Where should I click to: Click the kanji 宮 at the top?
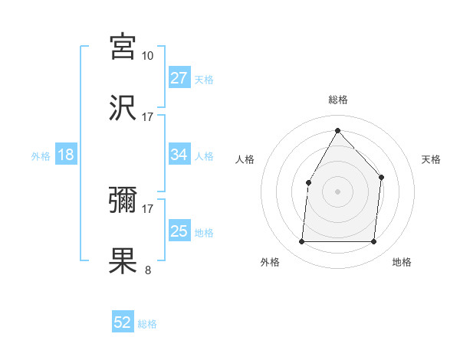point(123,47)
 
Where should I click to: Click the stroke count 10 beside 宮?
point(148,55)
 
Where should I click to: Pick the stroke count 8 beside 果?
point(148,269)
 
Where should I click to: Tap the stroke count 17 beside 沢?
point(148,116)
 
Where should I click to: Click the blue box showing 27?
point(179,78)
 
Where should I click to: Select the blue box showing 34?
point(179,155)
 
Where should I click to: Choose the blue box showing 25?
point(179,231)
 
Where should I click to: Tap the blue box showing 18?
point(66,155)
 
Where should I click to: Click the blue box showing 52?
point(123,322)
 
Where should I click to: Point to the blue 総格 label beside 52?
point(147,324)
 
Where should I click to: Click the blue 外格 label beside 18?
point(41,156)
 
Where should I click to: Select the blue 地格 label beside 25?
point(204,233)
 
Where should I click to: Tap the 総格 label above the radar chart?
point(337,100)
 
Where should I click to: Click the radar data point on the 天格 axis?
point(382,177)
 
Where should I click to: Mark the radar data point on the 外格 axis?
point(301,242)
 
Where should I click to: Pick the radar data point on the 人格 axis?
point(308,182)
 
